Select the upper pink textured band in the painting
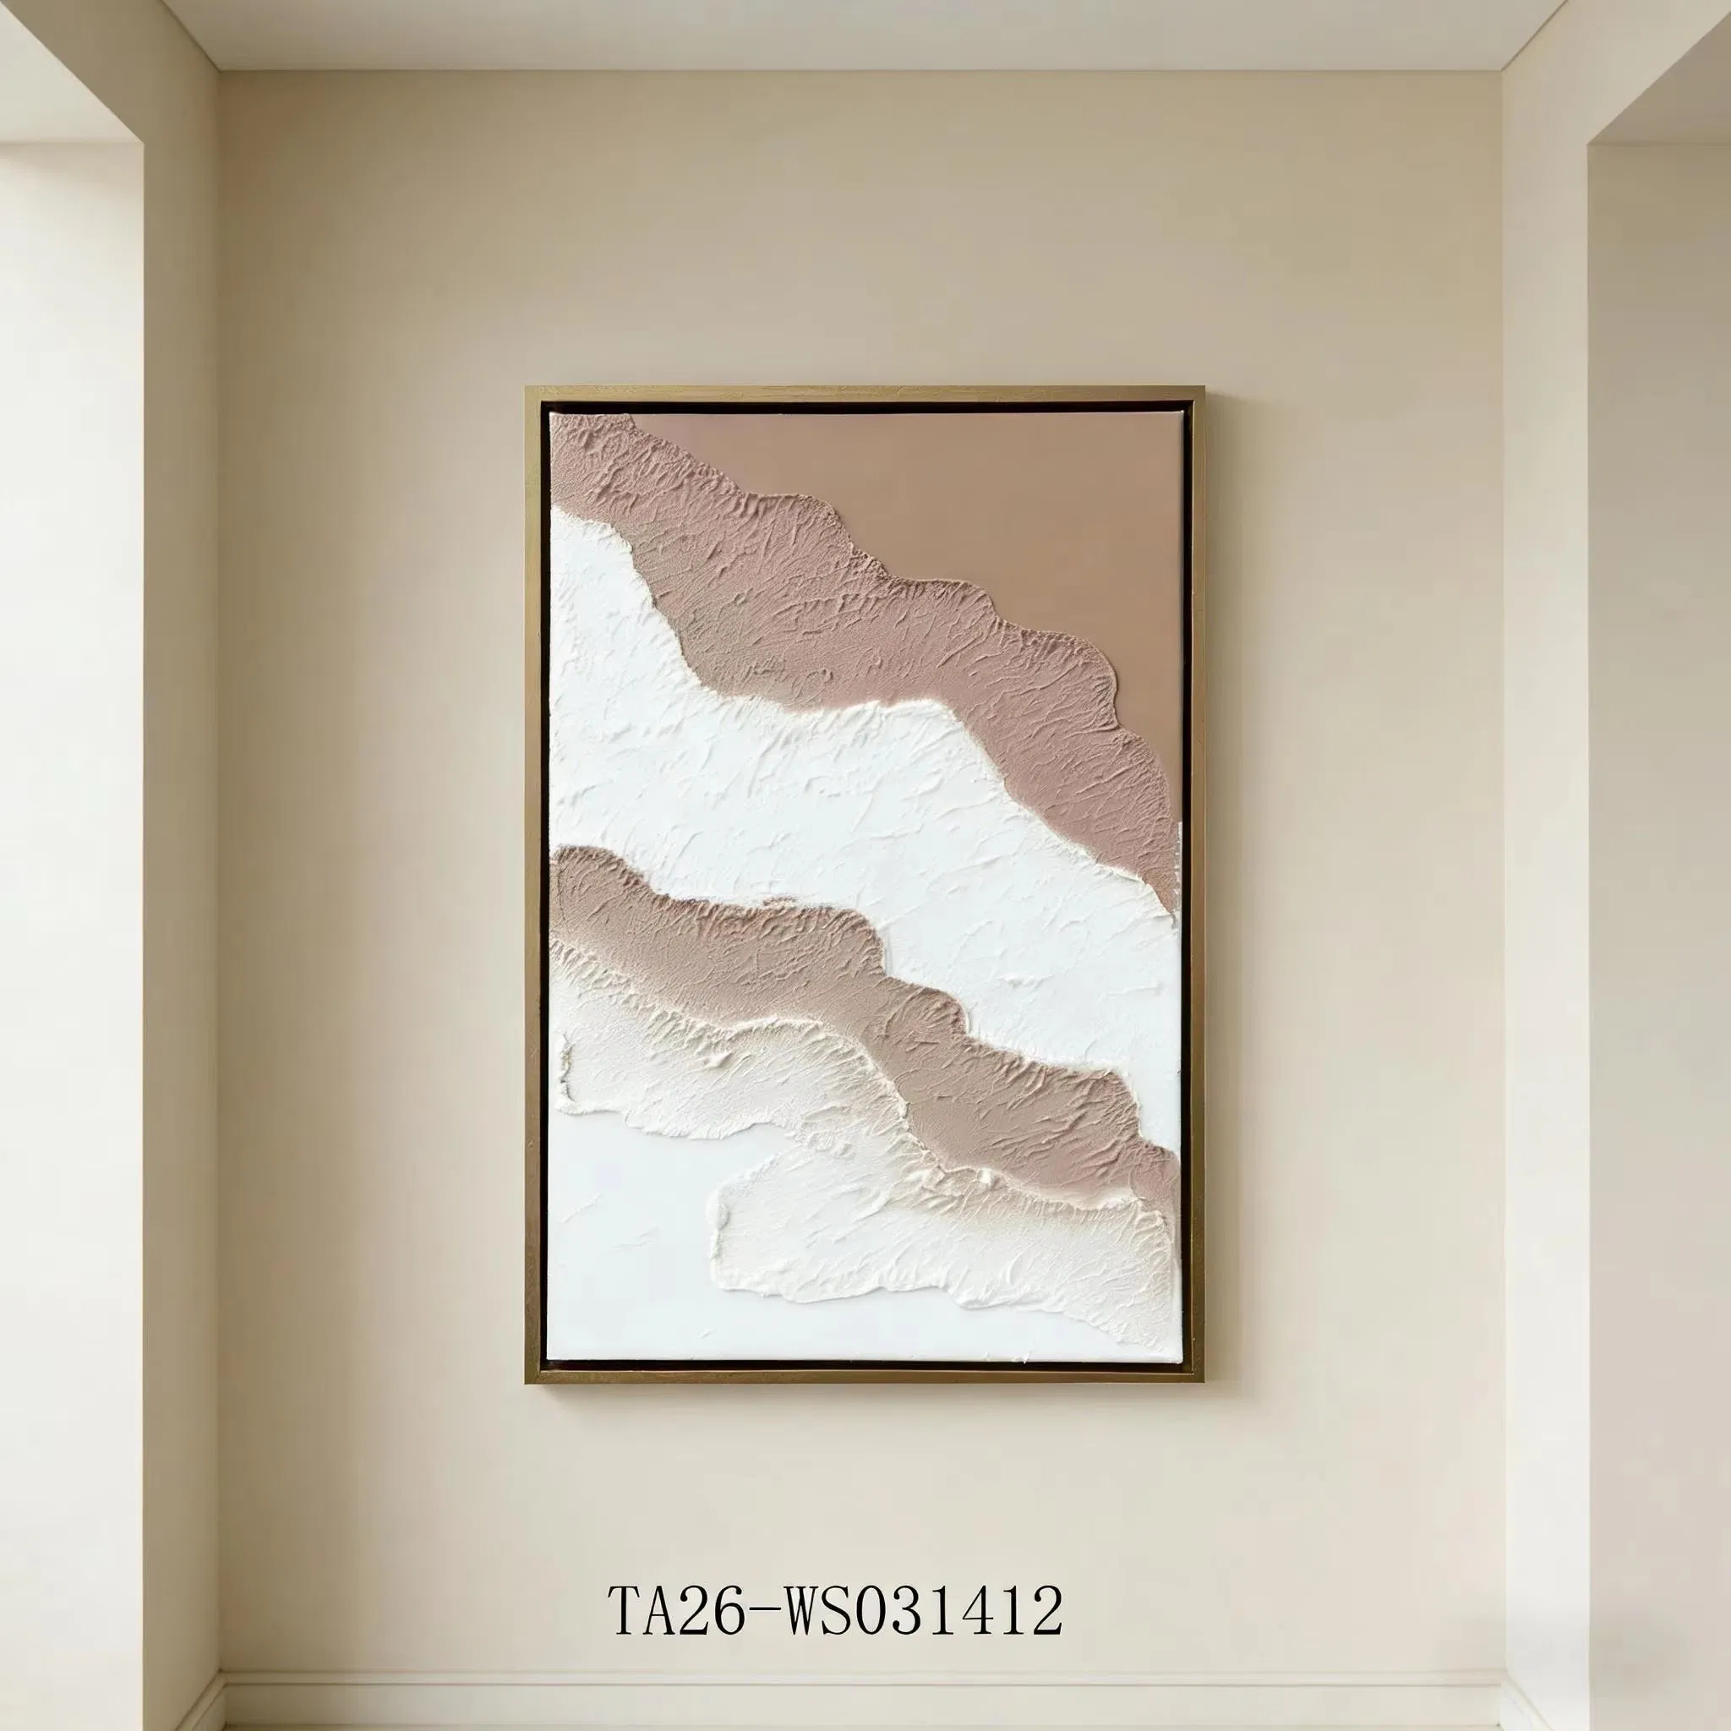pyautogui.click(x=851, y=609)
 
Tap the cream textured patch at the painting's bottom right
pyautogui.click(x=941, y=1227)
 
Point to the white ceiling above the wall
pyautogui.click(x=860, y=31)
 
